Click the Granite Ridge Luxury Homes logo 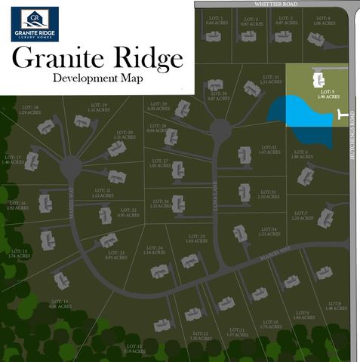point(34,23)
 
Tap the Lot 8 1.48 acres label point(333,306)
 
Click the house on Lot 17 point(32,161)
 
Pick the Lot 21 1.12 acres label point(103,193)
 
